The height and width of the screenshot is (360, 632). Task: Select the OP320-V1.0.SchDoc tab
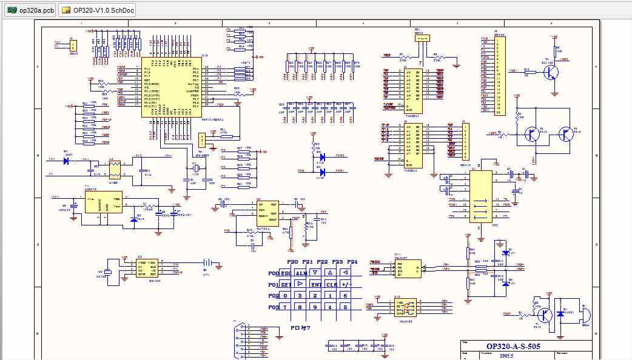point(97,10)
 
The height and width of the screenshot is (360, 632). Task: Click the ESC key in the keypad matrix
point(286,273)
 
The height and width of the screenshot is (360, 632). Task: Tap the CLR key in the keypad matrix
point(331,284)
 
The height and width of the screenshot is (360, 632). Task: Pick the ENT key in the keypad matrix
point(315,284)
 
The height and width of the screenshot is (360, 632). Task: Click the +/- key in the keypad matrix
point(346,284)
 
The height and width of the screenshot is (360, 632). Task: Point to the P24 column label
point(352,262)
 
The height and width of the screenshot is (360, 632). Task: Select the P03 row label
point(273,307)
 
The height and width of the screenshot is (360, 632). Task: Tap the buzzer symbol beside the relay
point(585,315)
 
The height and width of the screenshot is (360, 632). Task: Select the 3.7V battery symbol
point(206,264)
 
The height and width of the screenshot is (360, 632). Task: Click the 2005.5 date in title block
point(506,356)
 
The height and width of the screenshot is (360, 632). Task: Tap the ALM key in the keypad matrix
point(301,273)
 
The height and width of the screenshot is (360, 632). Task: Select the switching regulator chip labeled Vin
point(103,202)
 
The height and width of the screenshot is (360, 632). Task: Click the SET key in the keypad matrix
point(286,284)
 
